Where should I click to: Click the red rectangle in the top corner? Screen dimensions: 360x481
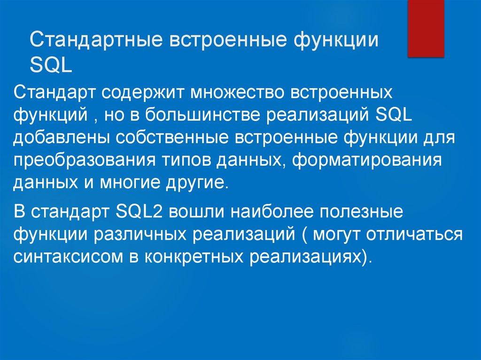pyautogui.click(x=426, y=28)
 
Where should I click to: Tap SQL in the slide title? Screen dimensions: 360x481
pyautogui.click(x=51, y=65)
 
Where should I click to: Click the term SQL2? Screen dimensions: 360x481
pyautogui.click(x=139, y=211)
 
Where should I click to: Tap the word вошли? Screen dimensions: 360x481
pyautogui.click(x=194, y=211)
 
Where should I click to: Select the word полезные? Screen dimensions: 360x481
pyautogui.click(x=364, y=211)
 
